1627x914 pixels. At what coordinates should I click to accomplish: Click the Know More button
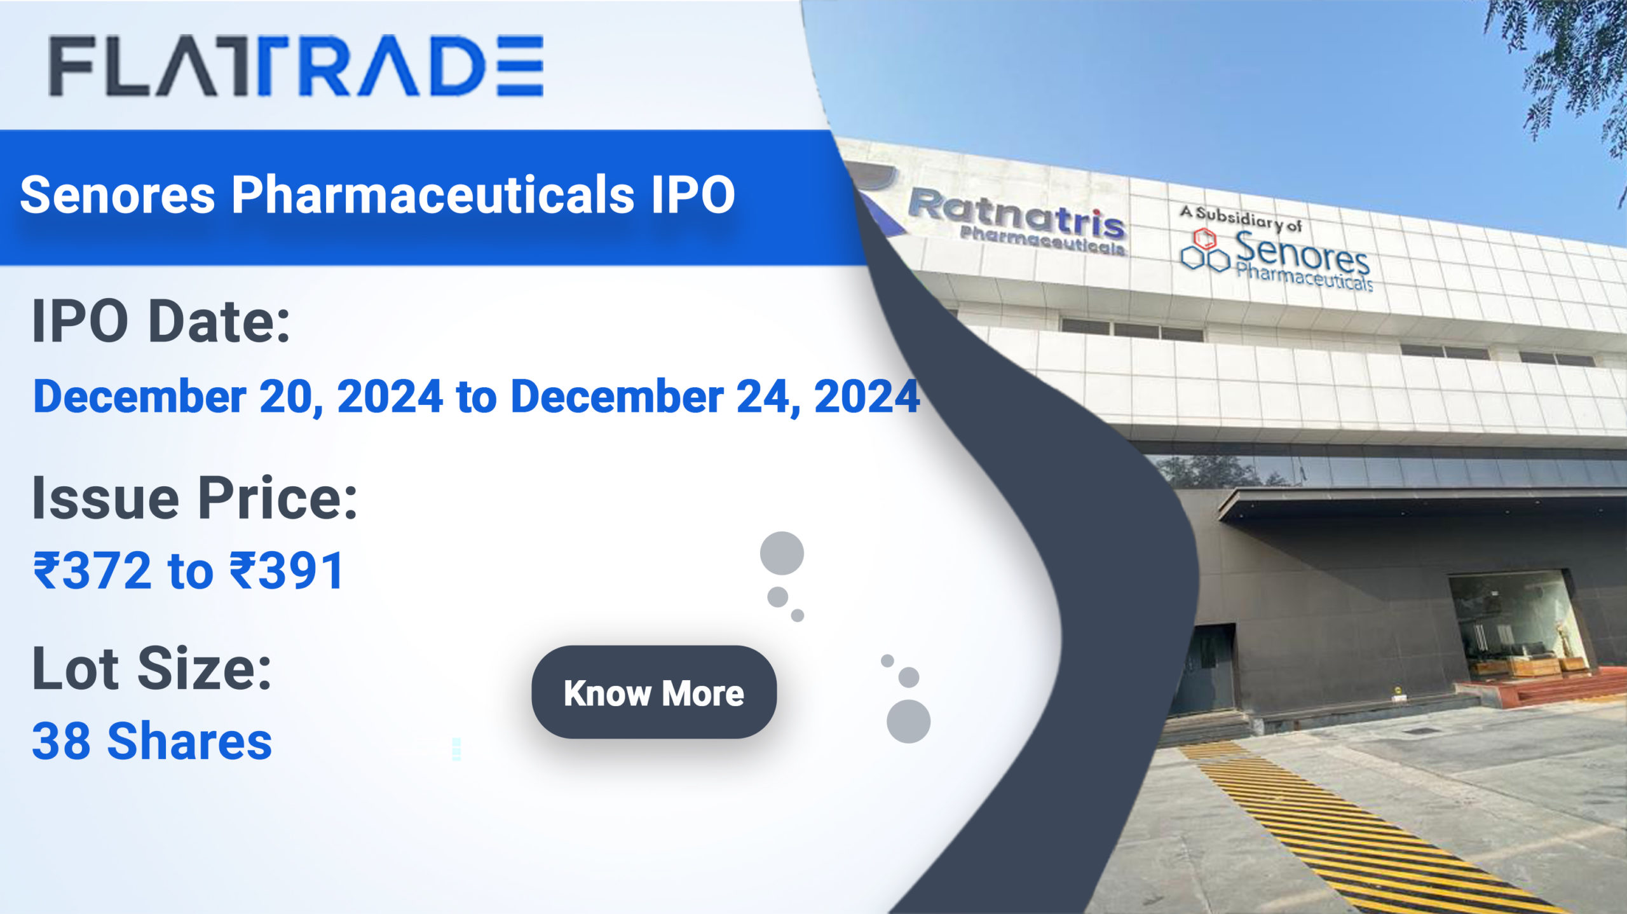654,692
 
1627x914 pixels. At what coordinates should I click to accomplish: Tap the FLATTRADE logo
296,65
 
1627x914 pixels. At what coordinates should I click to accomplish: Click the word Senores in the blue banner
118,194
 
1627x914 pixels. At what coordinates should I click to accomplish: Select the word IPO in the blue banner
693,194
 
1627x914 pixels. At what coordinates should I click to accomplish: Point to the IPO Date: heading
161,322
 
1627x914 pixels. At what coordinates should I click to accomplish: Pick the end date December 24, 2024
715,397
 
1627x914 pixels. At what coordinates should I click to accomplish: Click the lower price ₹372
93,570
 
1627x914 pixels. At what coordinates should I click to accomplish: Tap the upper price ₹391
287,570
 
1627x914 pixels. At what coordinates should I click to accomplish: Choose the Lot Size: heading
152,668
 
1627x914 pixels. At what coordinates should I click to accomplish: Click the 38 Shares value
152,741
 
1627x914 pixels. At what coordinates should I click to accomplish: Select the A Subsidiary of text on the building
1241,218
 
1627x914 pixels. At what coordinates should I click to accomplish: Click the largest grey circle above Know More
782,553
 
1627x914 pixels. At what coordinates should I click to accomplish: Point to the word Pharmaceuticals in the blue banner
433,194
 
